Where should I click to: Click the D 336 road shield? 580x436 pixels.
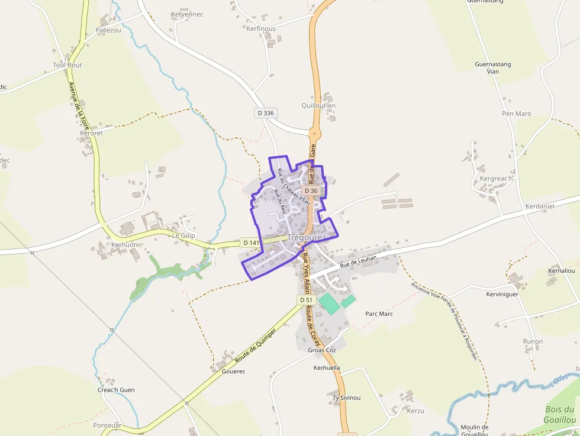click(x=266, y=112)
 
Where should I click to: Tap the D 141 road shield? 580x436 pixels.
click(x=251, y=243)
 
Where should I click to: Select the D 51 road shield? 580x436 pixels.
click(x=306, y=300)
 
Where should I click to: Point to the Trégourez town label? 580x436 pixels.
click(x=306, y=237)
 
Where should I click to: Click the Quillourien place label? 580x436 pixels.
click(x=318, y=106)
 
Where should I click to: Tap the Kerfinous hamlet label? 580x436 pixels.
click(x=261, y=28)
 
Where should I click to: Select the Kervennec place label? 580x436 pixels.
click(x=187, y=14)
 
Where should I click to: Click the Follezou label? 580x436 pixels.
click(x=108, y=30)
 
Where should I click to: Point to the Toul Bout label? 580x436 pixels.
click(x=67, y=65)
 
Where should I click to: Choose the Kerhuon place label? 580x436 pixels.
click(x=124, y=244)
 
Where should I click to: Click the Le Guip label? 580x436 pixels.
click(x=183, y=235)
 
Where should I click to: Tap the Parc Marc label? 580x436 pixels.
click(x=379, y=314)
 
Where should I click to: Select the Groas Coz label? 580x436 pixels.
click(x=322, y=350)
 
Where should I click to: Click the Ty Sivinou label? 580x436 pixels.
click(x=346, y=398)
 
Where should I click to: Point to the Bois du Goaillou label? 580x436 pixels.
click(x=559, y=414)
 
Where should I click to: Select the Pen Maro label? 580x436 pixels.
click(x=517, y=114)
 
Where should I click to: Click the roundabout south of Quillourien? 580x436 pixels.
click(x=314, y=134)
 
